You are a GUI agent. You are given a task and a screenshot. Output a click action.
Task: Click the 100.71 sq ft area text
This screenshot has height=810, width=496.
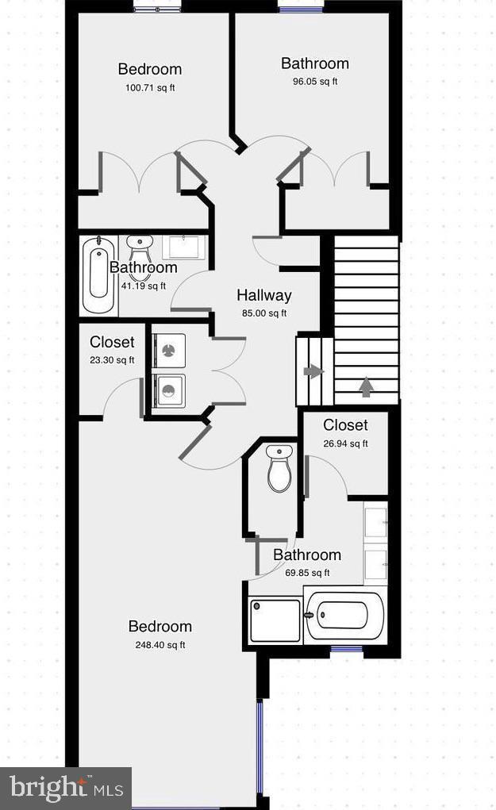click(x=150, y=87)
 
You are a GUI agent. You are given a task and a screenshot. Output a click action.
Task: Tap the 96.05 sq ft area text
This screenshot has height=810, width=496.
click(x=314, y=81)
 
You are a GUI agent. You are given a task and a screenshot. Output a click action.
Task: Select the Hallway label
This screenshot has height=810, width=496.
click(x=264, y=295)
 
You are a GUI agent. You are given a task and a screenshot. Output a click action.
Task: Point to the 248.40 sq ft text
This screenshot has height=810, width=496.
click(x=160, y=645)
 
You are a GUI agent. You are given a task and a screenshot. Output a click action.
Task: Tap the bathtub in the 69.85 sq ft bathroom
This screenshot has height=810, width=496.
click(x=344, y=616)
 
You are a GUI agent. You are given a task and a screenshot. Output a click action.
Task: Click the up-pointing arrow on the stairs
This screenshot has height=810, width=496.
click(x=366, y=386)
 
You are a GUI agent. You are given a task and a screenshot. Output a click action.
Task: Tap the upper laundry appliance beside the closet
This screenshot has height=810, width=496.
click(x=168, y=350)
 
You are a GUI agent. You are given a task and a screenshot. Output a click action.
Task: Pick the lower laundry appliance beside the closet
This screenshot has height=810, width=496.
click(x=168, y=390)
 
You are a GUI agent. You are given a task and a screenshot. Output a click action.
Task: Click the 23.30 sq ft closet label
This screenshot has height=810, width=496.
click(x=112, y=343)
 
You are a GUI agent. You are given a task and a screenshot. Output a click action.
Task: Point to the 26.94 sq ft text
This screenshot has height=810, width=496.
click(x=345, y=444)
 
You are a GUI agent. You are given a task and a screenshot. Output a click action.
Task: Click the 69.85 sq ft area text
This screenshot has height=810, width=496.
click(x=306, y=573)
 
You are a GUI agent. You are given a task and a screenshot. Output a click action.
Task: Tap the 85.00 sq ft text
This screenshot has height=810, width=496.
click(x=264, y=313)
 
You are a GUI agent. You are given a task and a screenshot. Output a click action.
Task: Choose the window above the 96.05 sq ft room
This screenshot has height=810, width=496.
click(x=301, y=9)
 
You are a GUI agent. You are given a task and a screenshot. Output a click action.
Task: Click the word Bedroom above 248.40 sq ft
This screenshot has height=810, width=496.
click(x=160, y=627)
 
